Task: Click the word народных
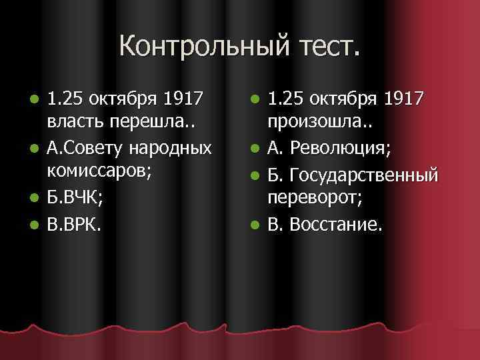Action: [x=176, y=147]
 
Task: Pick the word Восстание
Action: [x=337, y=225]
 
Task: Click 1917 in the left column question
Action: [x=183, y=100]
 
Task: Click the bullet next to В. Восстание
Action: [x=254, y=225]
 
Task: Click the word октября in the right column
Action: [x=333, y=100]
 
